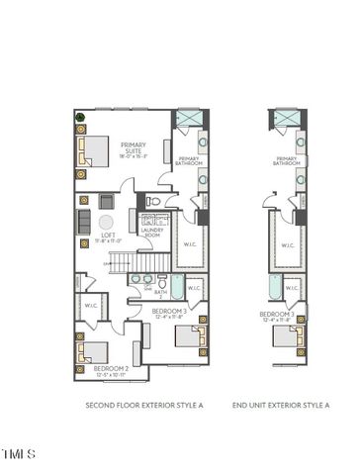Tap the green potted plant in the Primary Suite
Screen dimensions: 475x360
click(x=81, y=120)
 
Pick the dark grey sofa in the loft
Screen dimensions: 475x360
click(x=84, y=223)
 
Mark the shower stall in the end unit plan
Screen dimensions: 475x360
click(x=287, y=121)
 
